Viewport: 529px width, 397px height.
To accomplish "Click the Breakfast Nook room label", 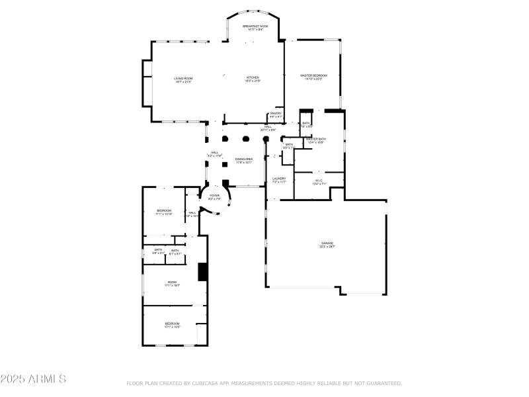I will [255, 26].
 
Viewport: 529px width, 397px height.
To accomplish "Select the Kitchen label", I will [253, 78].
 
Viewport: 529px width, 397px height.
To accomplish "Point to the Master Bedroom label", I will [313, 76].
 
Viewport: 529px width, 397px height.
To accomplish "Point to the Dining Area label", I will [243, 159].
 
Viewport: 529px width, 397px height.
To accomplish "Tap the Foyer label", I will [214, 196].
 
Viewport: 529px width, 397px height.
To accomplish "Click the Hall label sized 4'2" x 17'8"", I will [214, 153].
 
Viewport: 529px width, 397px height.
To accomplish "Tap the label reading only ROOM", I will [172, 283].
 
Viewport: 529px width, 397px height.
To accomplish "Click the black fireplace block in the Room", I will [203, 272].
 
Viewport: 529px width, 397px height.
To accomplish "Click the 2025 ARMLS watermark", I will [33, 379].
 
